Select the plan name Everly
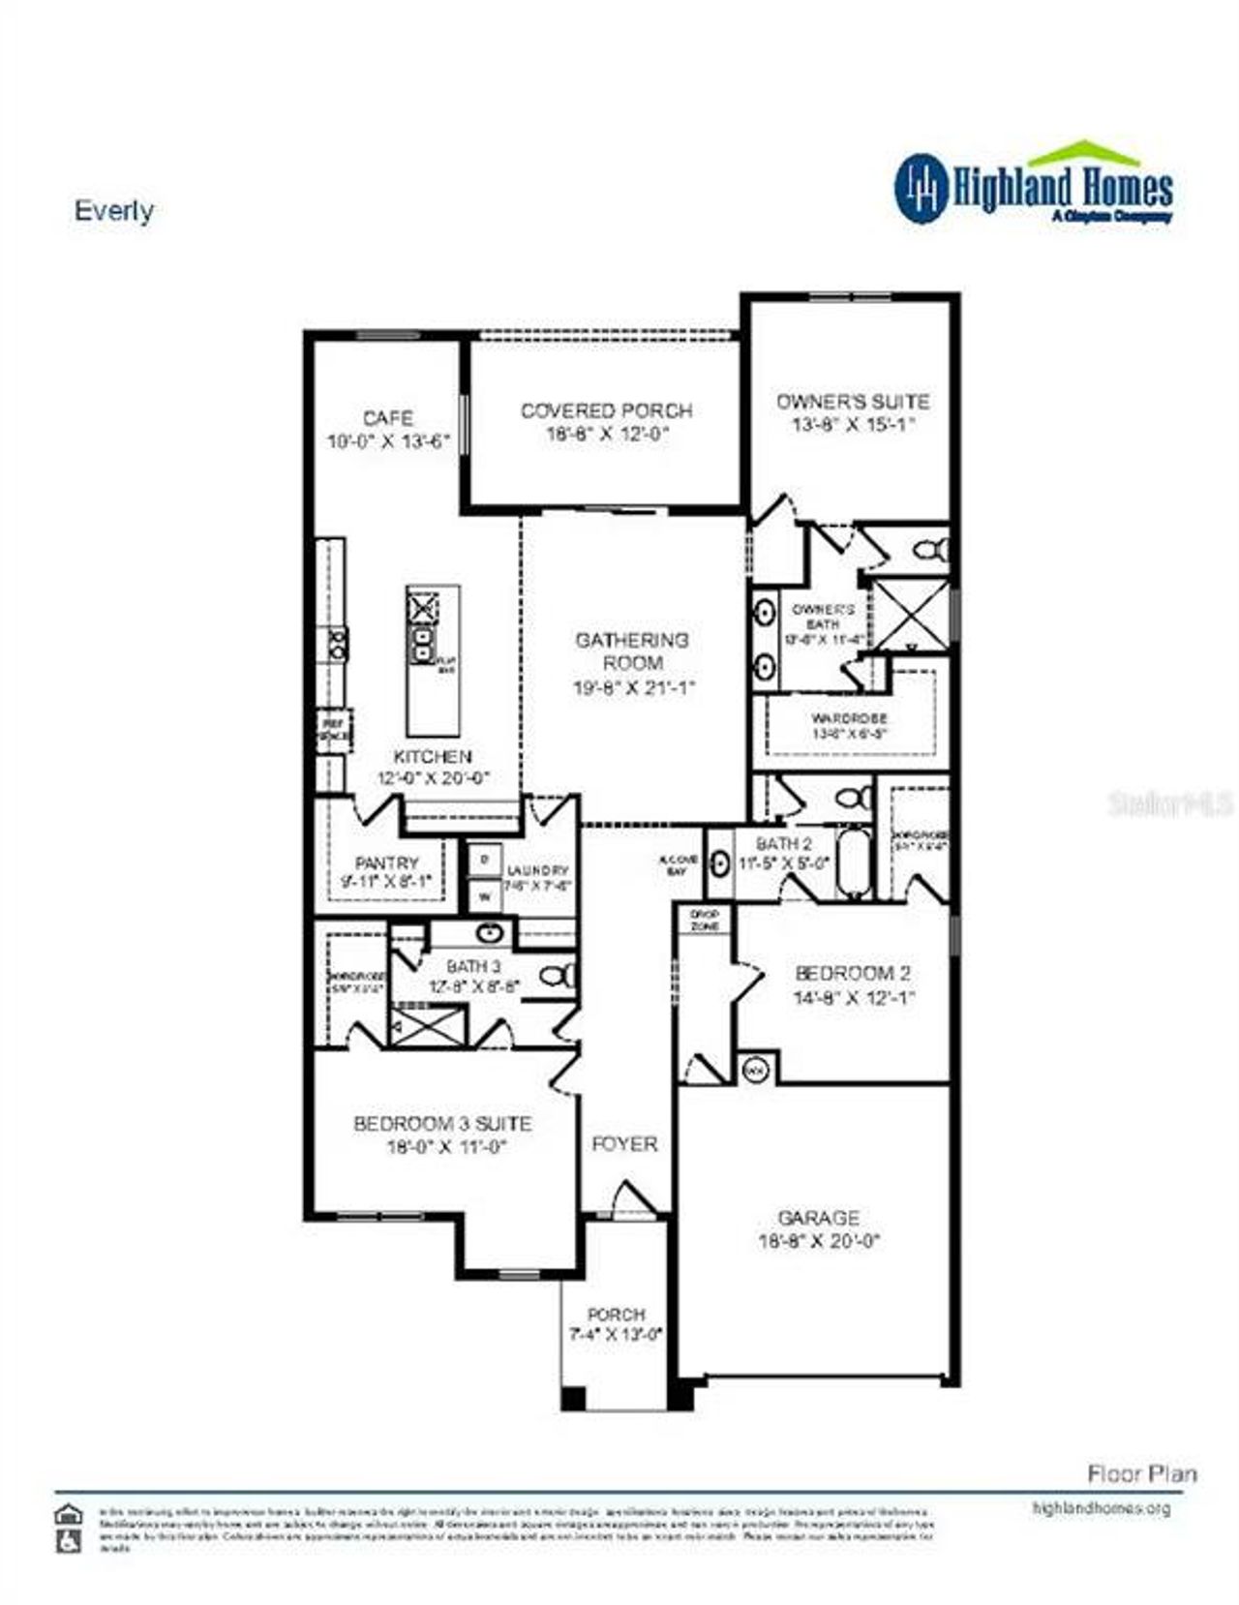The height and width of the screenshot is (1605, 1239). [114, 211]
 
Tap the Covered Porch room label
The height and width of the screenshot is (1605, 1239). [607, 410]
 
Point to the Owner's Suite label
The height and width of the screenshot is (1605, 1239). [853, 401]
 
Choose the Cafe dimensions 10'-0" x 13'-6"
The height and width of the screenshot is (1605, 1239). [389, 442]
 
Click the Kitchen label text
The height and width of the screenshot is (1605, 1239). [433, 756]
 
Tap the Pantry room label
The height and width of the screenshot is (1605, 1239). [387, 863]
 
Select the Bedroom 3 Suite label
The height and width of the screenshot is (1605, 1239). [442, 1124]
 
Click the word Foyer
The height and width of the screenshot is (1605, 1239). [624, 1144]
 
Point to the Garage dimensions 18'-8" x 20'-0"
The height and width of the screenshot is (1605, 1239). [818, 1241]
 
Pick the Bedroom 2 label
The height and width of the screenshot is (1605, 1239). [852, 973]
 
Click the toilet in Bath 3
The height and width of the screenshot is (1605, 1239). [557, 976]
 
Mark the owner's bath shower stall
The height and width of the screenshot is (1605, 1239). [911, 615]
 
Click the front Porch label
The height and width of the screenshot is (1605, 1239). [617, 1315]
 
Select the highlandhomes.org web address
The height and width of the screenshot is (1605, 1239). [1102, 1508]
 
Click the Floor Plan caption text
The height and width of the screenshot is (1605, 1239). [1142, 1474]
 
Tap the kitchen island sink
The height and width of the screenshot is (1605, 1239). [423, 644]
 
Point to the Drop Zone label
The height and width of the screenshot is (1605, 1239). [705, 920]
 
